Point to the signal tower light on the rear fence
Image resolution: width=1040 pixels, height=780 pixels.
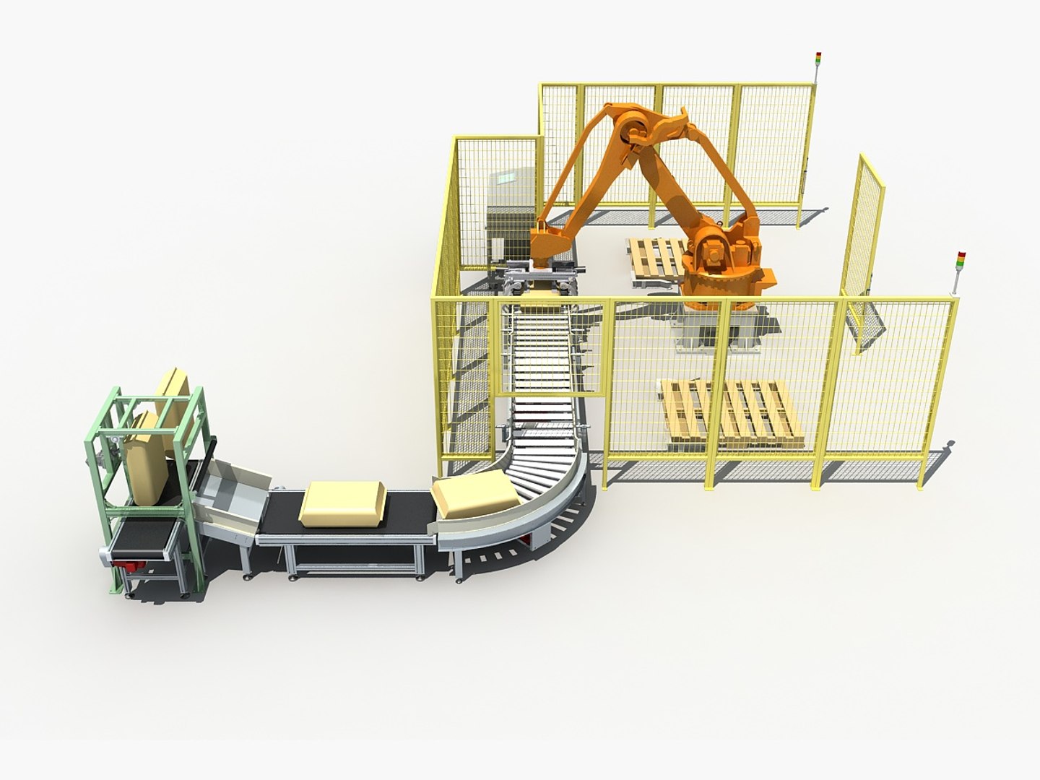818,58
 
